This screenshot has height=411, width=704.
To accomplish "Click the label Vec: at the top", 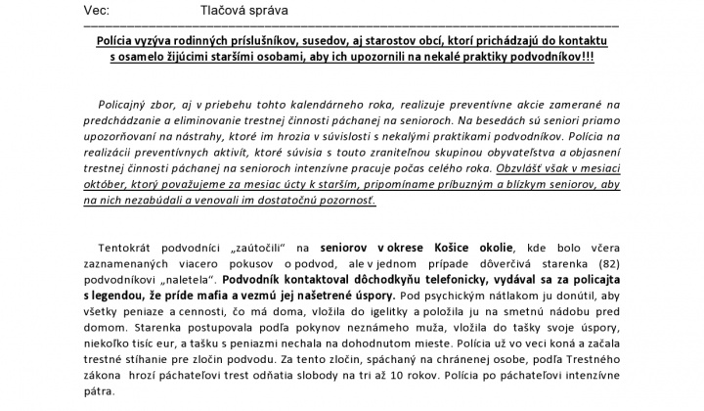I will tap(99, 8).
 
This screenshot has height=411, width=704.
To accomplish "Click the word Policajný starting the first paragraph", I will tap(125, 103).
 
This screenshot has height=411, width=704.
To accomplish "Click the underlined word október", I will tap(108, 184).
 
